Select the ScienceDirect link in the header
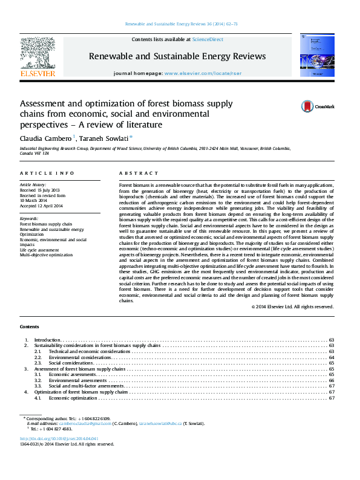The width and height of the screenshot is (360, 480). pyautogui.click(x=208, y=39)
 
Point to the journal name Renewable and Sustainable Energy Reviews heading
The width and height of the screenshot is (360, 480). pyautogui.click(x=177, y=56)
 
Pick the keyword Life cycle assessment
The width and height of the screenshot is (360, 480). pyautogui.click(x=43, y=249)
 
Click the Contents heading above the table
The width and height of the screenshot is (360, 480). pyautogui.click(x=30, y=327)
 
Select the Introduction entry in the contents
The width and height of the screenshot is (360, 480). pyautogui.click(x=48, y=340)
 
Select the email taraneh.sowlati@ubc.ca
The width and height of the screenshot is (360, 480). pyautogui.click(x=160, y=424)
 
